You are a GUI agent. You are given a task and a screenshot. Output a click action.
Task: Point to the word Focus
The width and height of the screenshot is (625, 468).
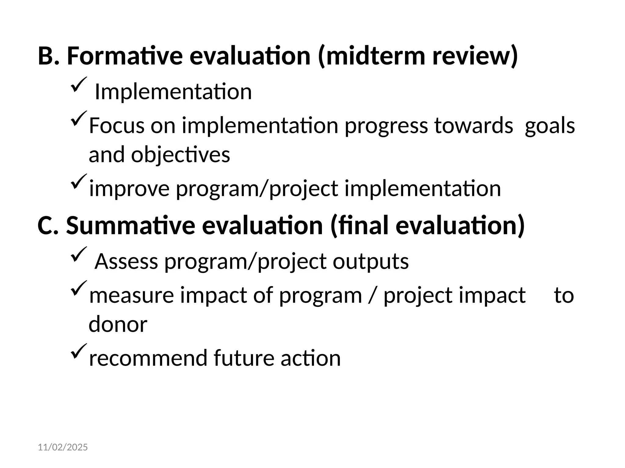tap(116, 126)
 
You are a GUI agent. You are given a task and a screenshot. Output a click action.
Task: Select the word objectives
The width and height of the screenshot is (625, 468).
tap(180, 155)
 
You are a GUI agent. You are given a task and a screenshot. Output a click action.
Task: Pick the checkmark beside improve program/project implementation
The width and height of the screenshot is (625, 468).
tap(79, 181)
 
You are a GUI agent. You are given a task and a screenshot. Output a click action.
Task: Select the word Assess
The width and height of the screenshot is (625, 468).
tap(126, 261)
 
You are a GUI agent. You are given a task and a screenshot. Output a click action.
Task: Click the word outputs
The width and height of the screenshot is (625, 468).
tap(370, 261)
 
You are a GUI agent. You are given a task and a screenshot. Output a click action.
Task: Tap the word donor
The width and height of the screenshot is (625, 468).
tap(118, 324)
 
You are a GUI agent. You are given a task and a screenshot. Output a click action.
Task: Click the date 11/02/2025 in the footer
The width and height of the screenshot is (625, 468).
tap(63, 448)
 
